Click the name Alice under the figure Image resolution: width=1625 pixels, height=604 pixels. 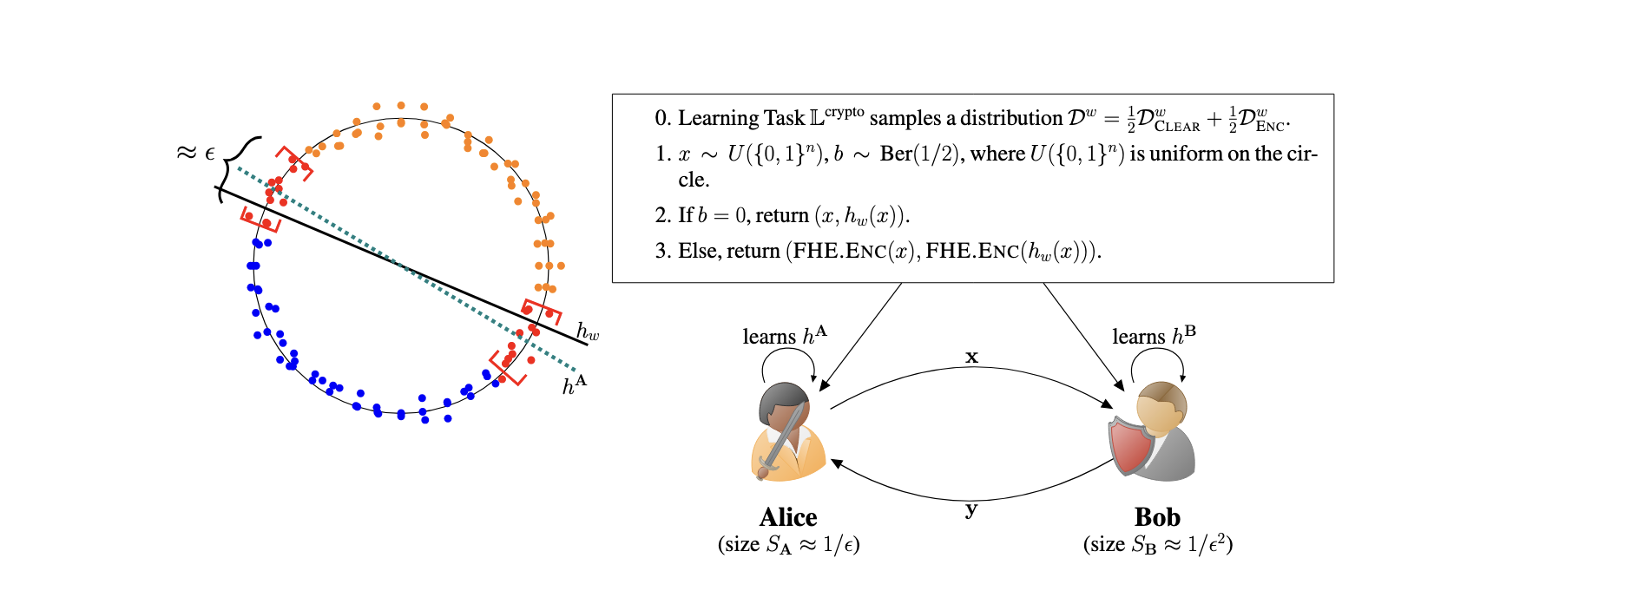click(x=788, y=517)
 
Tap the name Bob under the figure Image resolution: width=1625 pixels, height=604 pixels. click(x=1157, y=517)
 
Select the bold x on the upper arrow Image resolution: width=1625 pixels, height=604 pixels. click(x=971, y=357)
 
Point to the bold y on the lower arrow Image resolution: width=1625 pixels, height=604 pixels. click(x=971, y=509)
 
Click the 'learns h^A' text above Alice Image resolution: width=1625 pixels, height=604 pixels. click(x=785, y=336)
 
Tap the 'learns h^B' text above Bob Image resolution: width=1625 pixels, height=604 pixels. click(x=1154, y=336)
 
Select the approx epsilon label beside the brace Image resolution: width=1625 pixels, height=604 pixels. click(x=195, y=154)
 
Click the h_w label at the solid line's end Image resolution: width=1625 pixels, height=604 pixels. click(x=588, y=332)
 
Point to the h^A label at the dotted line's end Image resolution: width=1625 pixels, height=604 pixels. click(x=574, y=384)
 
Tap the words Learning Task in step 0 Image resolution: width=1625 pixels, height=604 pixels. click(x=741, y=118)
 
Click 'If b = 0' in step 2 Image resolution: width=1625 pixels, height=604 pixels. click(x=713, y=215)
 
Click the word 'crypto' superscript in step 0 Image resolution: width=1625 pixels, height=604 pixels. click(x=845, y=112)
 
